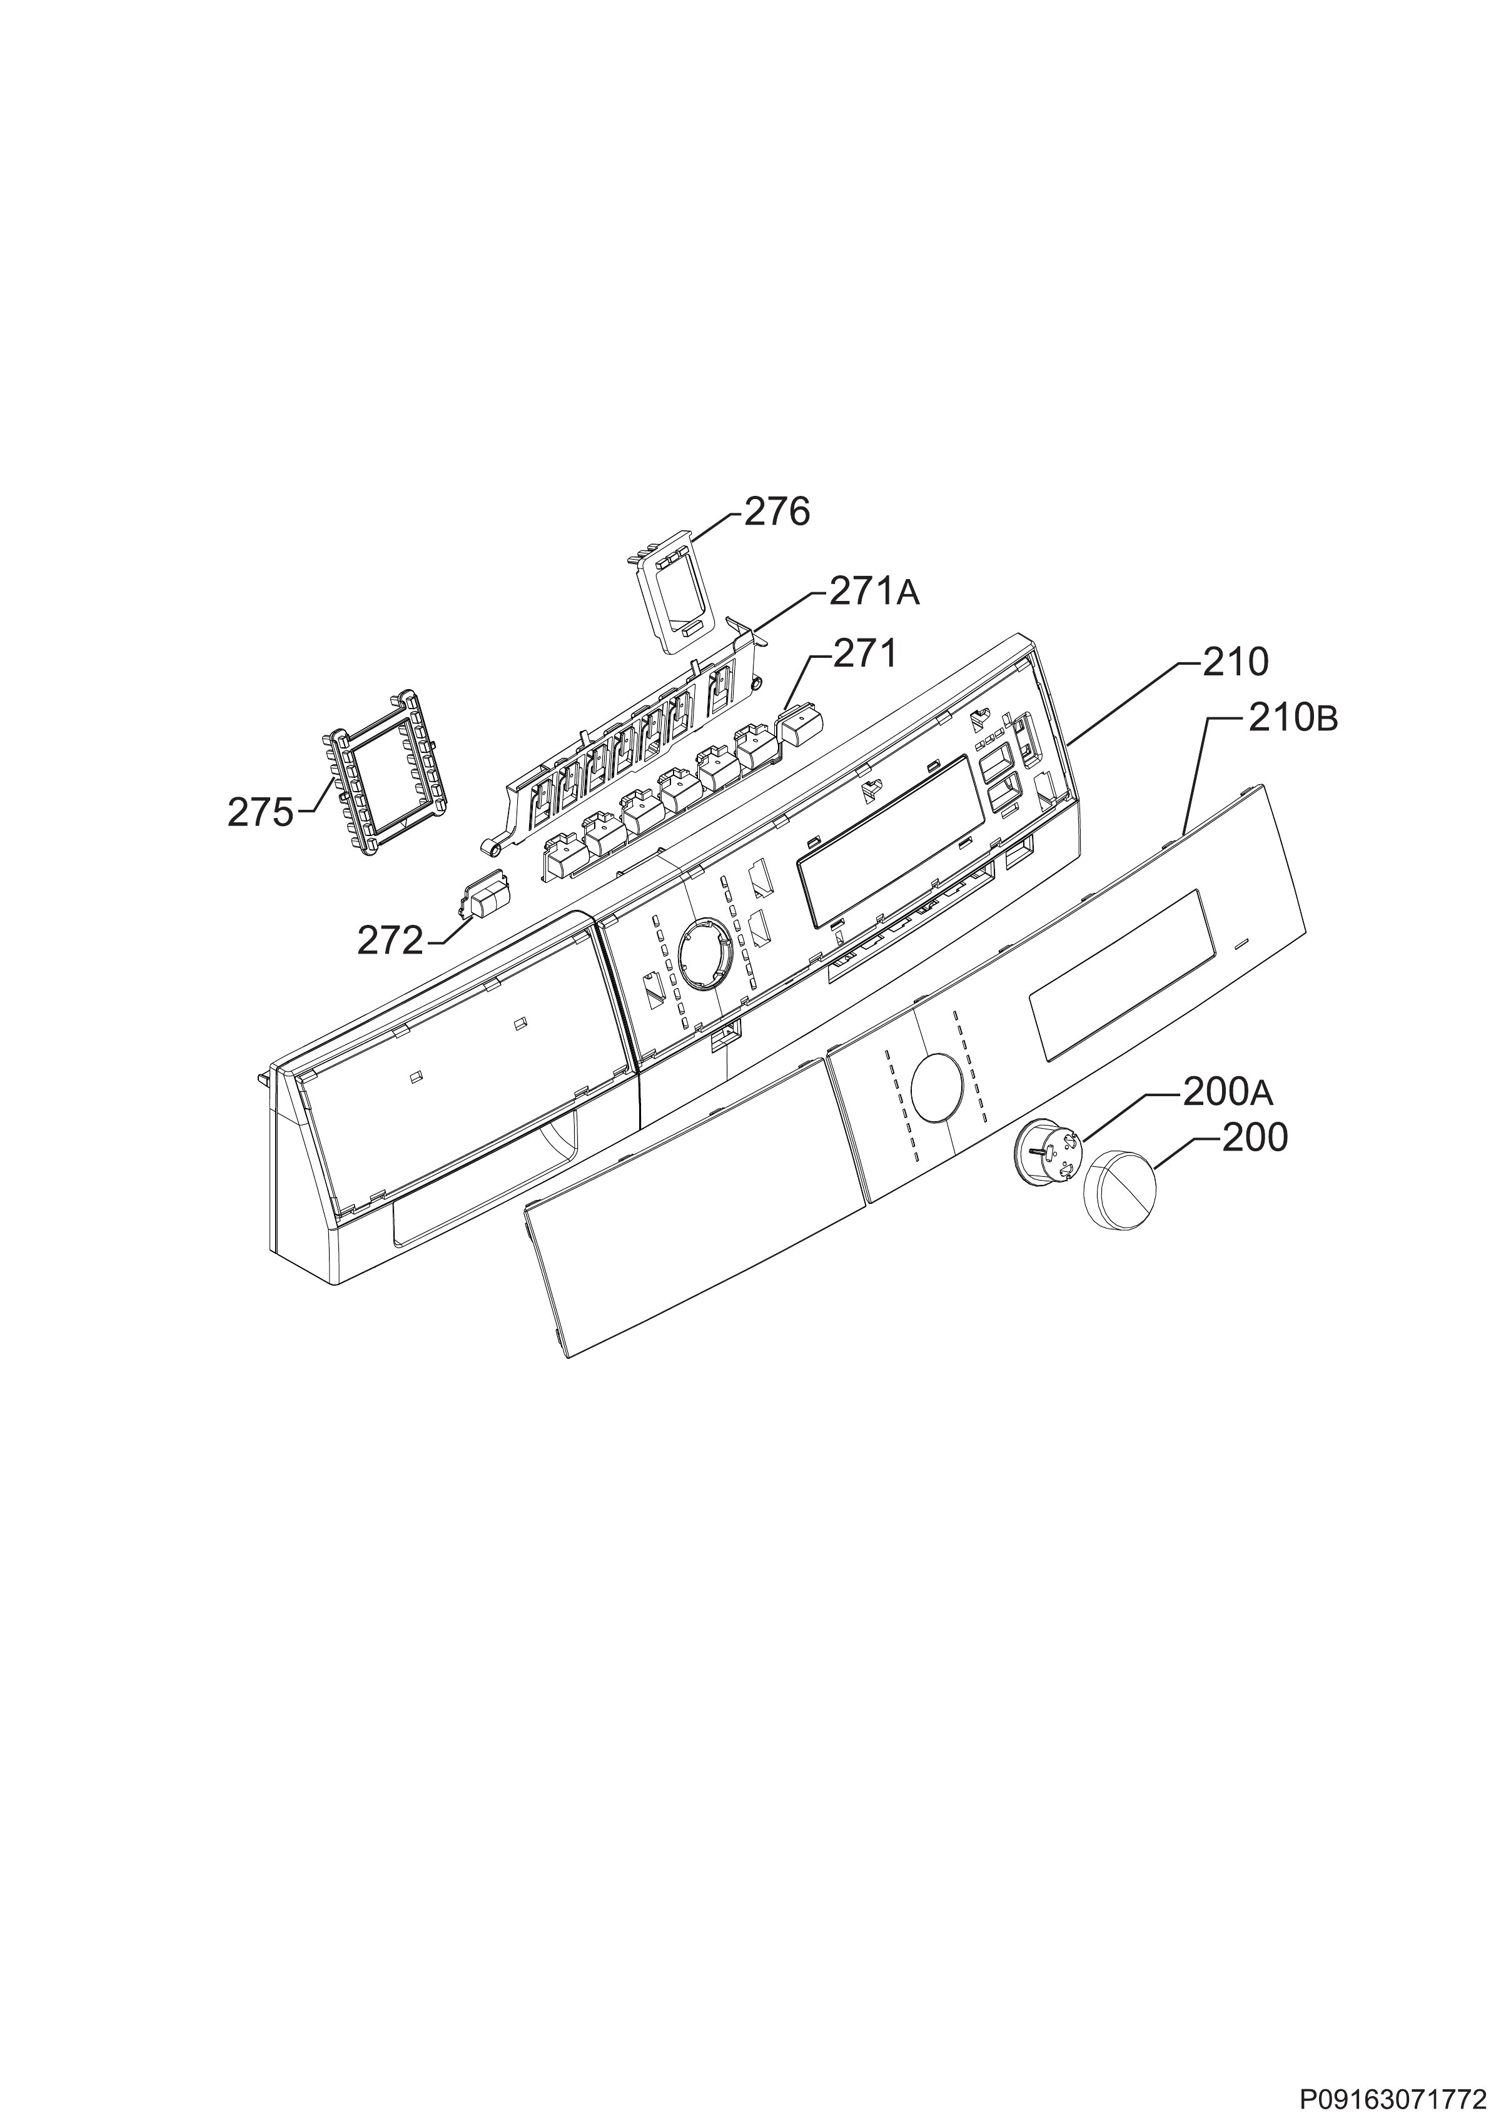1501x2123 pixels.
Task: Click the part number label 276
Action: (777, 512)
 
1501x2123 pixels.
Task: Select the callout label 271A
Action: (874, 592)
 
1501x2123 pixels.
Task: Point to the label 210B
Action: (1293, 719)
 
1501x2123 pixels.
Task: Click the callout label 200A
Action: (1227, 1094)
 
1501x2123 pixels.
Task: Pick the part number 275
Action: (261, 813)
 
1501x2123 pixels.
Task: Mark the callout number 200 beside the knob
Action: (1254, 1138)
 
